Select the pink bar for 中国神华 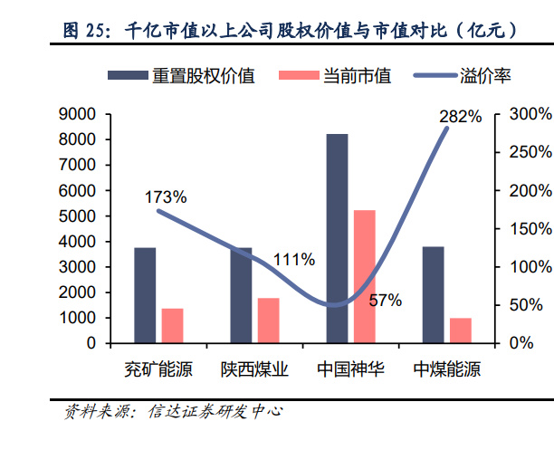point(364,276)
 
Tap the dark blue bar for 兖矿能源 point(145,295)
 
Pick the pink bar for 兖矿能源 point(172,326)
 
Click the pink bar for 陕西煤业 point(268,321)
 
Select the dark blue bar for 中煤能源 point(433,295)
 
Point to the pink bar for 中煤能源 point(461,330)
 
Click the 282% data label point(460,117)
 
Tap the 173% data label point(166,196)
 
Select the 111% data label point(293,260)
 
